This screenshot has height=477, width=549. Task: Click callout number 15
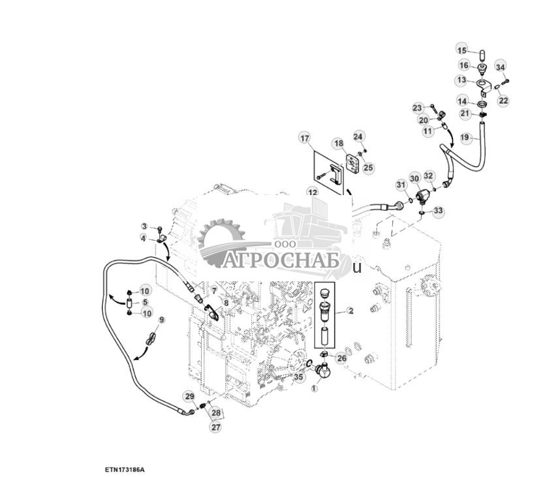[x=462, y=50]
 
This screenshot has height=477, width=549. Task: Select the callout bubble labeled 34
[x=500, y=67]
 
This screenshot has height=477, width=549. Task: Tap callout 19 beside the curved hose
[x=465, y=138]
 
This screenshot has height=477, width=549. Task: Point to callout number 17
[x=304, y=138]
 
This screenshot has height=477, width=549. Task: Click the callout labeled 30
[x=415, y=178]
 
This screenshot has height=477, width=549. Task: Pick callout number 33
[x=438, y=211]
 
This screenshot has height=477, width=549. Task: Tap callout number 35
[x=298, y=377]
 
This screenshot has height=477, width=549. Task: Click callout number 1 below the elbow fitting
[x=313, y=388]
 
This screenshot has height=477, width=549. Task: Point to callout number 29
[x=189, y=396]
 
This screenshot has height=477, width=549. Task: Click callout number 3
[x=144, y=226]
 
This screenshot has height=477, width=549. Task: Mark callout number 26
[x=341, y=358]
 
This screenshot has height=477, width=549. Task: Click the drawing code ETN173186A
[x=123, y=469]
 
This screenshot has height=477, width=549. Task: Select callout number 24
[x=358, y=136]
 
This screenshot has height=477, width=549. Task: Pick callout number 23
[x=417, y=107]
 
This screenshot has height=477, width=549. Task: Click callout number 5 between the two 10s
[x=144, y=302]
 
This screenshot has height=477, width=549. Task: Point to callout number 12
[x=313, y=192]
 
